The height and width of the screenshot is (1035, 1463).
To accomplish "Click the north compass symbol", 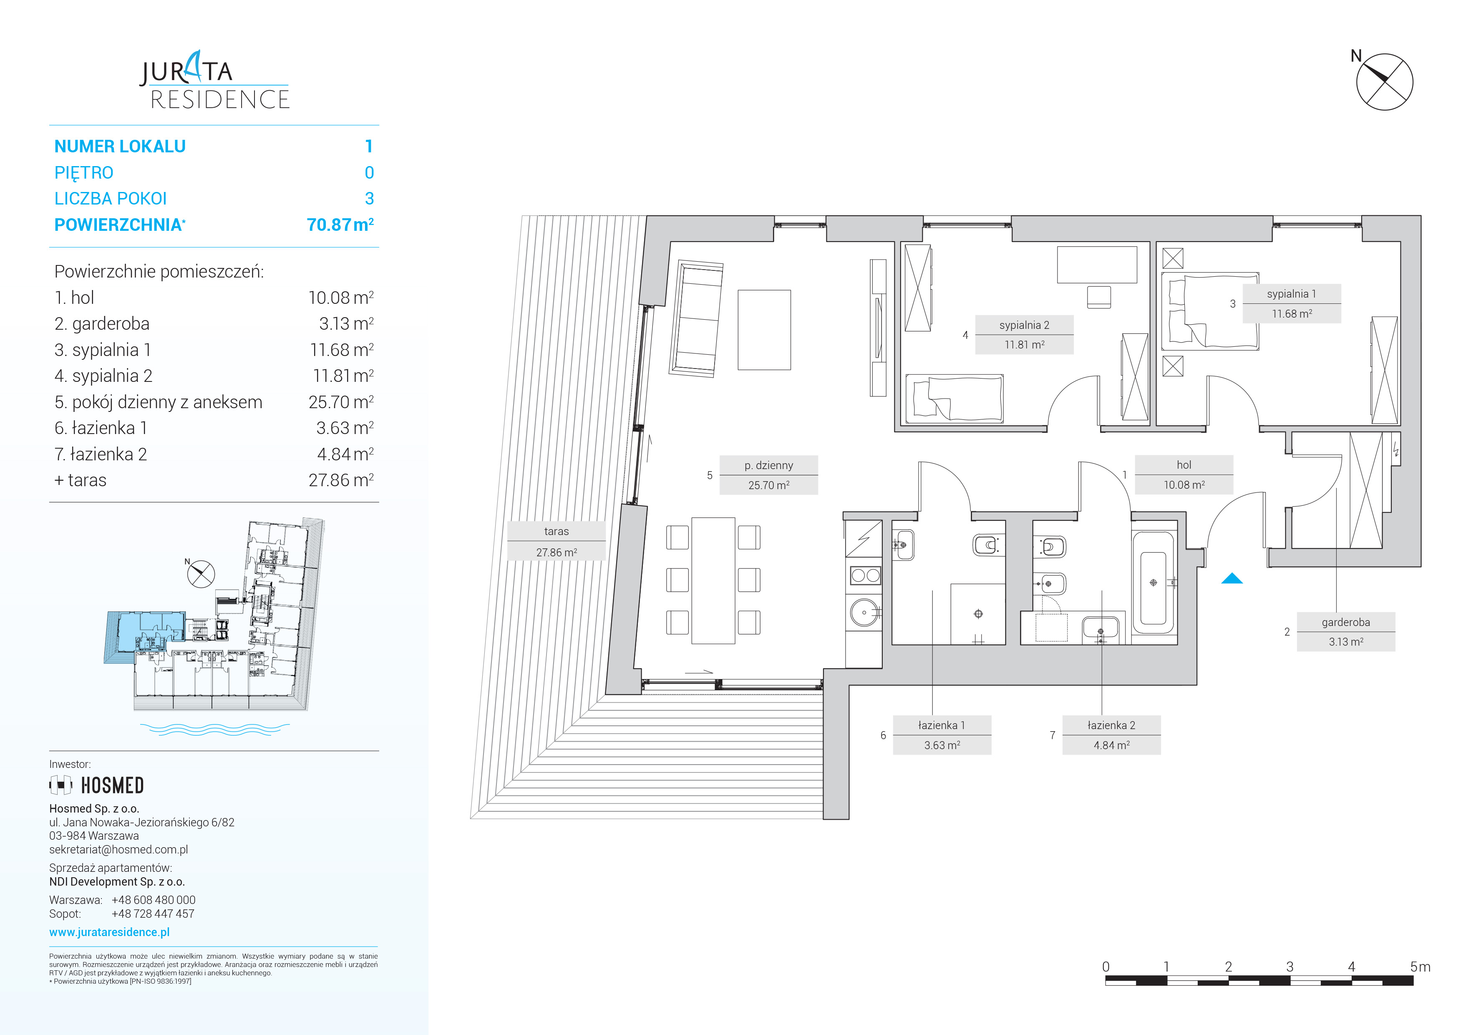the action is (x=1384, y=81).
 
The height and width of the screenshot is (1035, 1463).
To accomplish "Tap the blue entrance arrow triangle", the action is (x=1232, y=579).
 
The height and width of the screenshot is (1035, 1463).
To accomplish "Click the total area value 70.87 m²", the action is (x=340, y=225).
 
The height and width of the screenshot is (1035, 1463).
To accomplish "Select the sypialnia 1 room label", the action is (x=1291, y=294).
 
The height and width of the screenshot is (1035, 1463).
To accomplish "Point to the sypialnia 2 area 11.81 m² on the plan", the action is (x=1025, y=345).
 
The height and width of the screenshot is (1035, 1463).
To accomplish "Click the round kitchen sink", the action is (x=865, y=613).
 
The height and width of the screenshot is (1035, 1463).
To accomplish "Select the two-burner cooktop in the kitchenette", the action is (x=865, y=576).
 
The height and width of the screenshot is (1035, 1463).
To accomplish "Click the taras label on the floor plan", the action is (x=556, y=531).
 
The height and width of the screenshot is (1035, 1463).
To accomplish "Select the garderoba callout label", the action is (x=1346, y=622).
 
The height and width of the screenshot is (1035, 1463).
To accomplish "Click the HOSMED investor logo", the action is (x=97, y=785).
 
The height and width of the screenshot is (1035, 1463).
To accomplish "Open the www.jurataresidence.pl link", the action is (x=110, y=932).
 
